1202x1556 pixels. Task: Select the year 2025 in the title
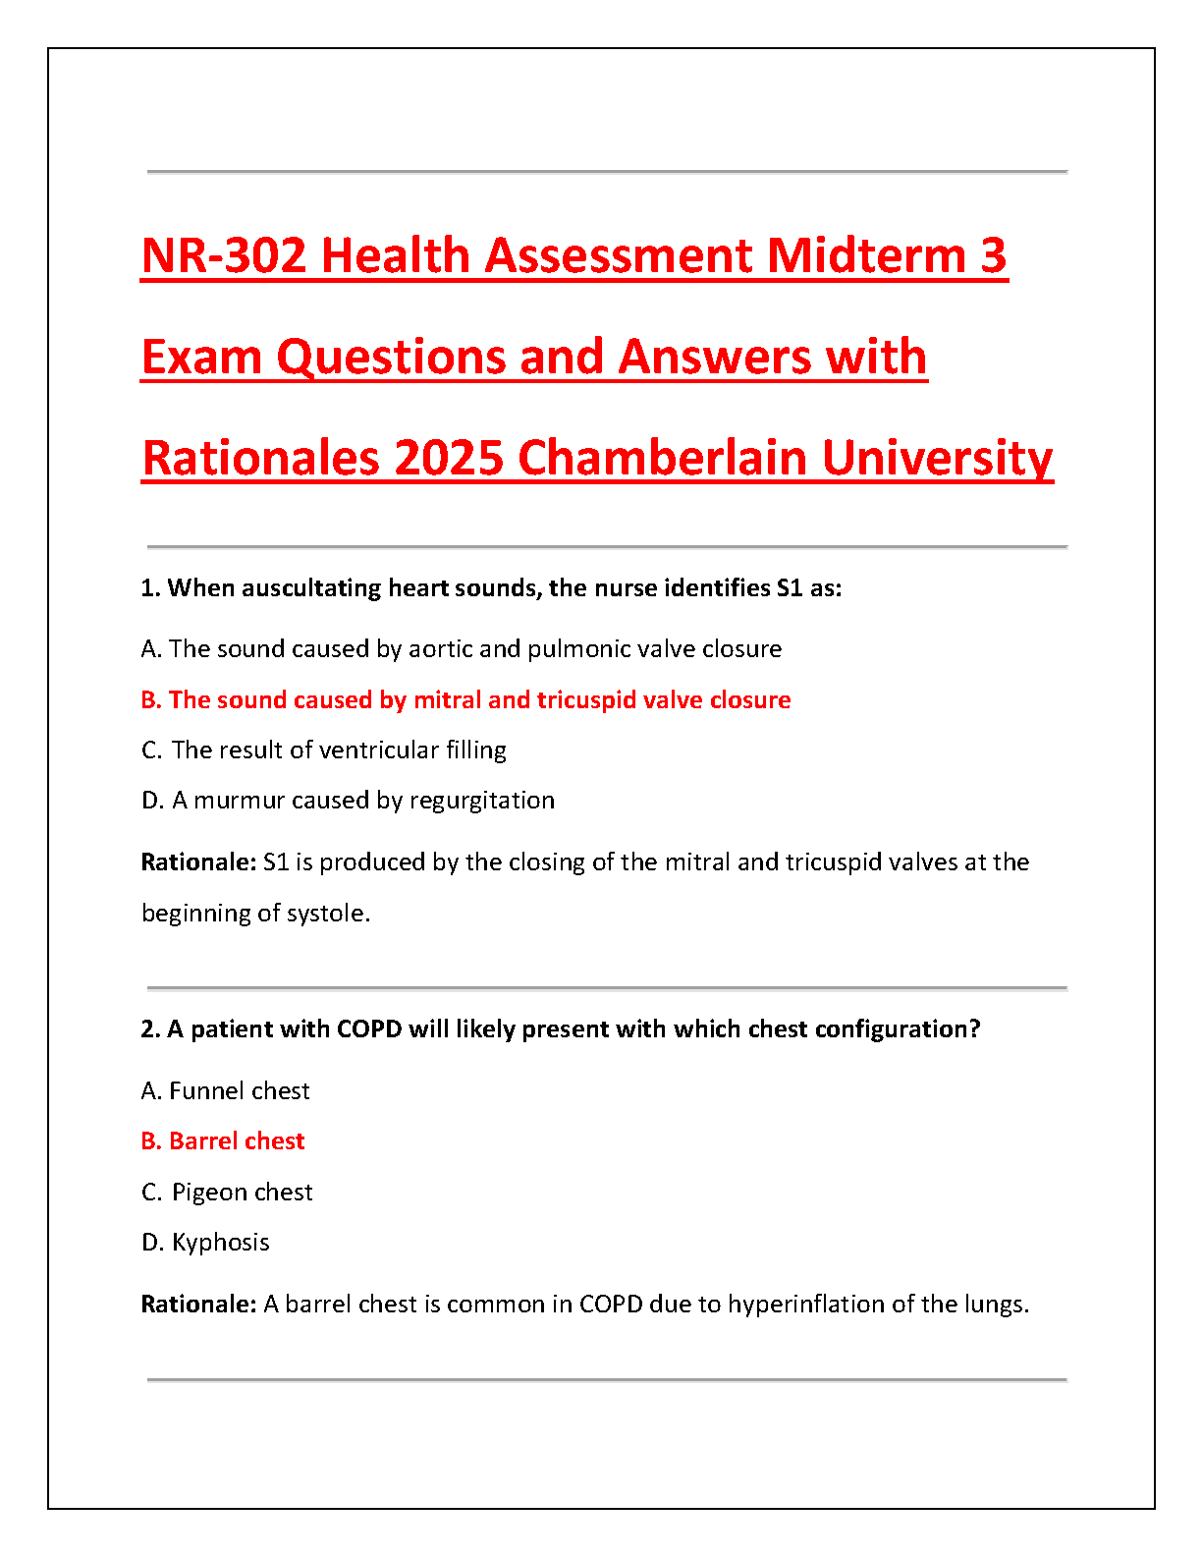pyautogui.click(x=449, y=458)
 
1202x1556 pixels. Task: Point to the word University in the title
pyautogui.click(x=937, y=458)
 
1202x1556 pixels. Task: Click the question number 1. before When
pyautogui.click(x=150, y=588)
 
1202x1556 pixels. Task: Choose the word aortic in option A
pyautogui.click(x=441, y=649)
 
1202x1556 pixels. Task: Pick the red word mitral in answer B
pyautogui.click(x=447, y=700)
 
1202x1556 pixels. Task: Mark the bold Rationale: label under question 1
pyautogui.click(x=198, y=862)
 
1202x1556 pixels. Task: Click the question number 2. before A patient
pyautogui.click(x=150, y=1029)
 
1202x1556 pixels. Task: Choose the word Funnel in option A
pyautogui.click(x=208, y=1091)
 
